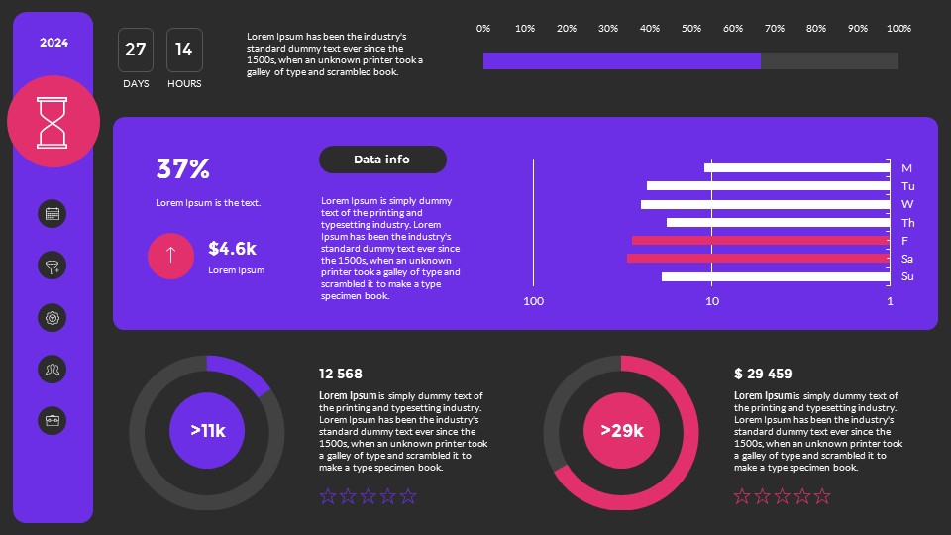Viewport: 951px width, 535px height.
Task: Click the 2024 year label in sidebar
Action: pyautogui.click(x=53, y=43)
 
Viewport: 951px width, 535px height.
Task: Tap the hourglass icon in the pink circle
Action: pyautogui.click(x=53, y=121)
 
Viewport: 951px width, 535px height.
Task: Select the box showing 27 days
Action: pyautogui.click(x=136, y=50)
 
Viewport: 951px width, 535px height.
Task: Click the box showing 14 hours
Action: pyautogui.click(x=184, y=50)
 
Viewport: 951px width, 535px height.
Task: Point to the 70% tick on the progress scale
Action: pyautogui.click(x=775, y=28)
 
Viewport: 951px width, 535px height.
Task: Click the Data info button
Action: pyautogui.click(x=382, y=160)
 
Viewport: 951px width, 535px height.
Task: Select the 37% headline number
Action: pyautogui.click(x=183, y=169)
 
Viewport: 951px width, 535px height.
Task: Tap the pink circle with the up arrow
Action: pyautogui.click(x=170, y=256)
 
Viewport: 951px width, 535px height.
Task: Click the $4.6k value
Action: pyautogui.click(x=233, y=249)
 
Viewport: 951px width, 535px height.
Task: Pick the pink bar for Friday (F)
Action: pyautogui.click(x=760, y=240)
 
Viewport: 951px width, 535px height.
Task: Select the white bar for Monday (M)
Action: pyautogui.click(x=796, y=167)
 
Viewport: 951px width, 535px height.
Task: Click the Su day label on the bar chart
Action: pyautogui.click(x=907, y=276)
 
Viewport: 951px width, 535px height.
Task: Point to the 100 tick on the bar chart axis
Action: pyautogui.click(x=534, y=301)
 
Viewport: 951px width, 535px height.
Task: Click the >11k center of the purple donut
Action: pyautogui.click(x=208, y=431)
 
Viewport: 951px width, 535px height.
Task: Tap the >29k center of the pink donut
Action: pyautogui.click(x=622, y=431)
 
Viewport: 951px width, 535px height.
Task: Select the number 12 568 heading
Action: pyautogui.click(x=341, y=374)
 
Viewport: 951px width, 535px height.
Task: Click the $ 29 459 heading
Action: pyautogui.click(x=763, y=374)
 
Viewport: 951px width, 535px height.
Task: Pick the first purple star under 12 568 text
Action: pyautogui.click(x=328, y=496)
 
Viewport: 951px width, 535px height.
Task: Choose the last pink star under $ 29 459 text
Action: pyautogui.click(x=822, y=496)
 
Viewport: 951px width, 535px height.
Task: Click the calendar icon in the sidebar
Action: pyautogui.click(x=53, y=213)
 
